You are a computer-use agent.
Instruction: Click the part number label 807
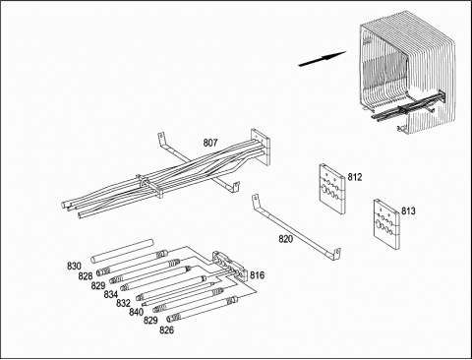click(210, 143)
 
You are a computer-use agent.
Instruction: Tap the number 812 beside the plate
click(355, 177)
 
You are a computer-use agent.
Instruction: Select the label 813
click(408, 210)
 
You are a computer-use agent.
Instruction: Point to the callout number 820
click(285, 239)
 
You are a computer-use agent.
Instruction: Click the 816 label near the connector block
click(257, 275)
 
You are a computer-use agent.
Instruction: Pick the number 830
click(74, 266)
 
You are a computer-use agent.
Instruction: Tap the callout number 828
click(86, 276)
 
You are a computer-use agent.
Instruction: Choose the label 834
click(111, 294)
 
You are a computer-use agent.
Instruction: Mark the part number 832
click(123, 303)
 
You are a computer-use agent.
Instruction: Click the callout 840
click(136, 312)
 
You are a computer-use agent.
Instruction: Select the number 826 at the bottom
click(166, 330)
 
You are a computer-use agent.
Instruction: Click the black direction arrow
click(323, 58)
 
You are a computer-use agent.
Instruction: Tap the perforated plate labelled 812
click(332, 189)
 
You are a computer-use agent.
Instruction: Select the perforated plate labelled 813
click(387, 222)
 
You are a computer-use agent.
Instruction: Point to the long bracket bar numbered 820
click(296, 230)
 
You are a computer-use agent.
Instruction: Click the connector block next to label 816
click(229, 265)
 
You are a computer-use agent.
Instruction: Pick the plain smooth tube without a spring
click(122, 251)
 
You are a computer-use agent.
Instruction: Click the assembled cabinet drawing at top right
click(407, 72)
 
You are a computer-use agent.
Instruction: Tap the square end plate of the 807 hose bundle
click(261, 147)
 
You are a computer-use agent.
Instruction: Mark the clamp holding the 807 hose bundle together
click(149, 186)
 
